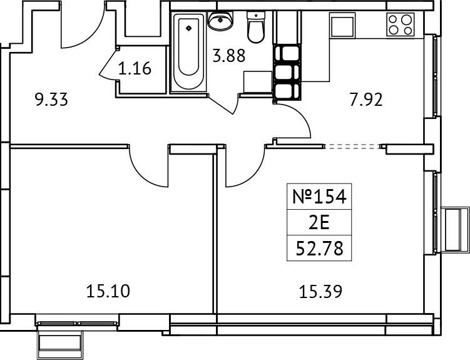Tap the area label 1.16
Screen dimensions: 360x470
point(135,68)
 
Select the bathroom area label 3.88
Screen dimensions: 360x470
point(228,56)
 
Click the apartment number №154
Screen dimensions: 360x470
point(319,197)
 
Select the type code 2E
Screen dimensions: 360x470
point(319,222)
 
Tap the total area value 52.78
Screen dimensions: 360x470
point(319,247)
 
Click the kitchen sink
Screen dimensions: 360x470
point(343,26)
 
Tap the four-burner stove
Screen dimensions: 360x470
point(401,25)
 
